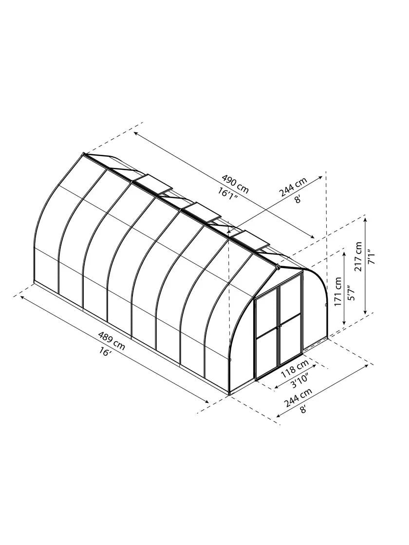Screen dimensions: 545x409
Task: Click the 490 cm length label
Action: tap(235, 183)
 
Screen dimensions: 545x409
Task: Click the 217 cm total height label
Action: tap(359, 256)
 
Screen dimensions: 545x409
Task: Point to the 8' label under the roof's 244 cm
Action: tap(297, 198)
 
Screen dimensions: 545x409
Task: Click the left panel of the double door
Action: tap(267, 336)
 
